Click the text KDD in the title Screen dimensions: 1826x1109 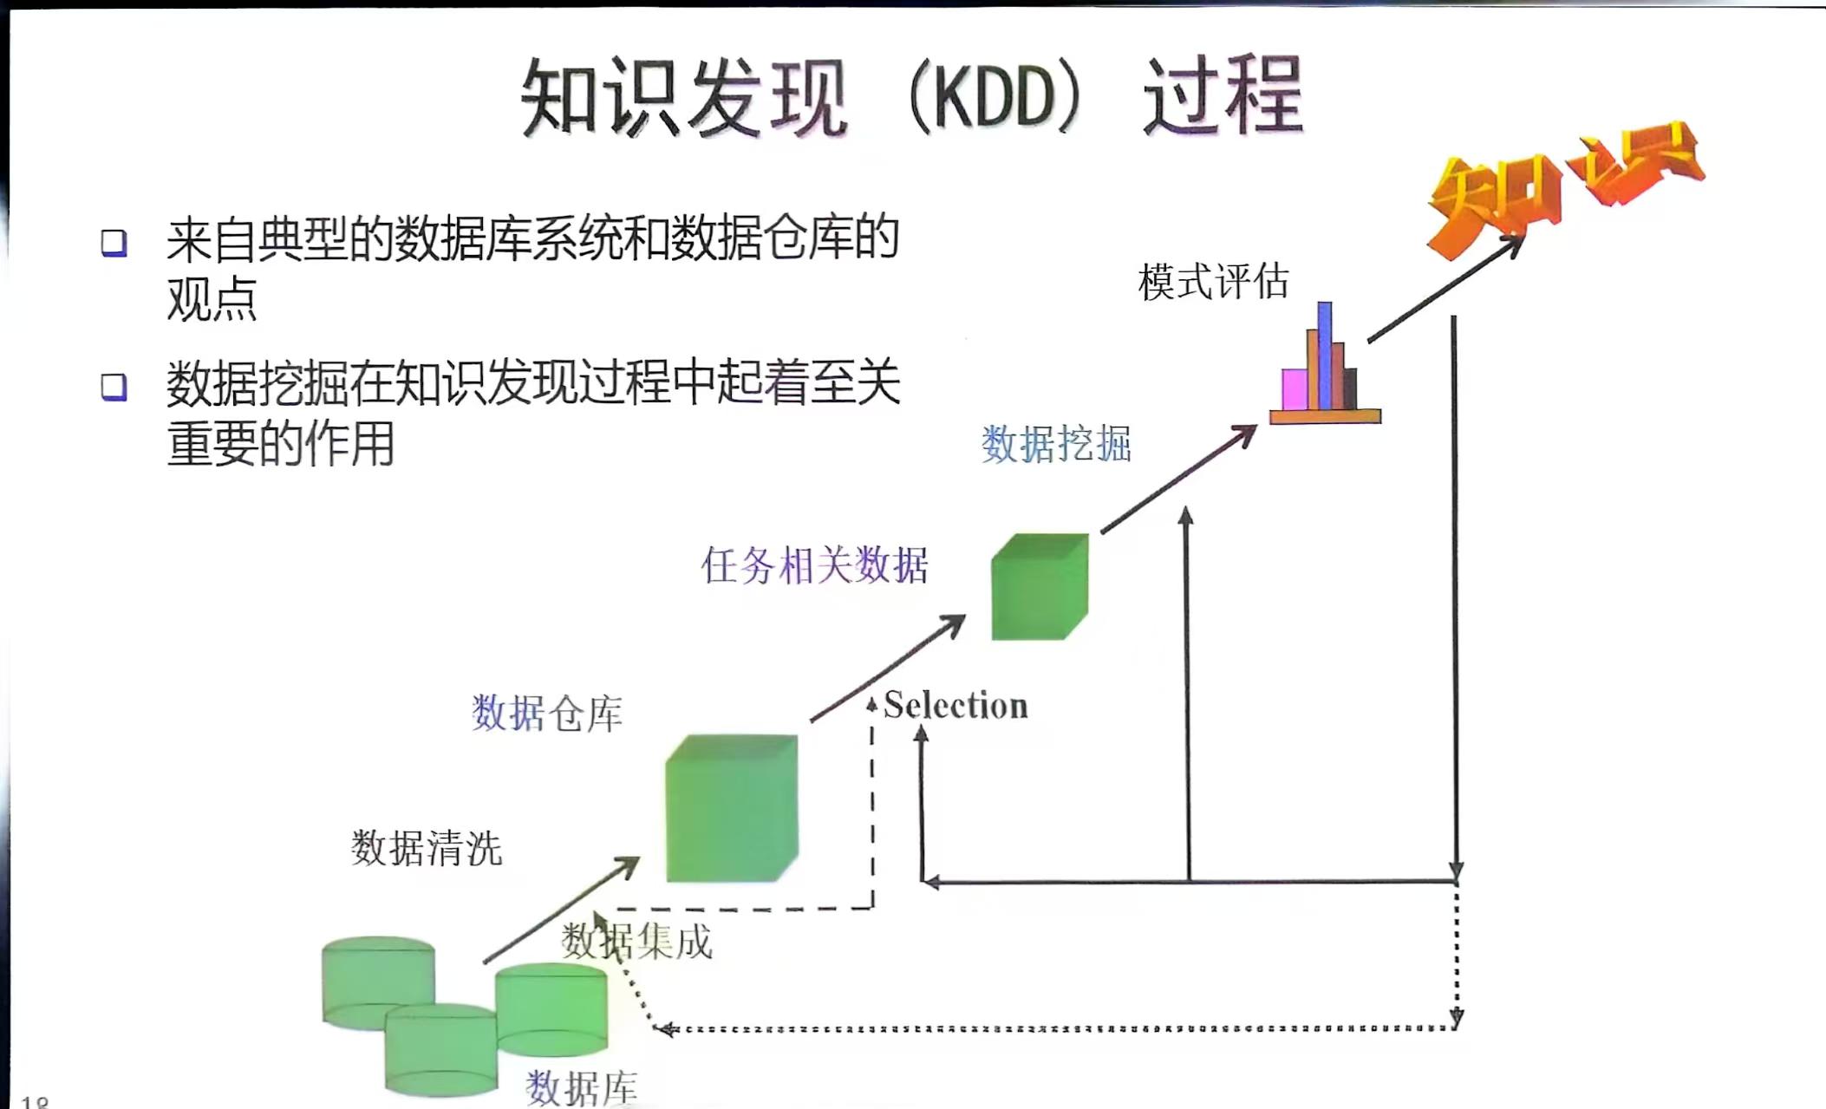(x=996, y=98)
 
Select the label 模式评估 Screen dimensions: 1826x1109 (x=1213, y=281)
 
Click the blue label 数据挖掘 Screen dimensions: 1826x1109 (x=1056, y=444)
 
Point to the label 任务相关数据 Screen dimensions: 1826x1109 (x=814, y=565)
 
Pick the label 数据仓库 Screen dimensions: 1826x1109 (x=547, y=714)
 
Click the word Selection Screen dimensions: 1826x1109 (x=955, y=705)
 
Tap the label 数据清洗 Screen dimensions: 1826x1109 (x=427, y=847)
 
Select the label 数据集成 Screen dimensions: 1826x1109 (x=637, y=941)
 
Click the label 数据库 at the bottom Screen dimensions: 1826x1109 (x=582, y=1087)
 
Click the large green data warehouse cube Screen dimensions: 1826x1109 (x=732, y=807)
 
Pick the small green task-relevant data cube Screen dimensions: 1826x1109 (x=1040, y=586)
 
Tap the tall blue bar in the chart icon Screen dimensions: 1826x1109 (x=1324, y=356)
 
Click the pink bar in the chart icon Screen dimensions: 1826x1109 (x=1295, y=389)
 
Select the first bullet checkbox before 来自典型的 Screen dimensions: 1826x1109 (x=114, y=243)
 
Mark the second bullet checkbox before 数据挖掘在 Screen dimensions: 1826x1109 (x=114, y=387)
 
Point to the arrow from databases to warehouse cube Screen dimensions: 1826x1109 (x=561, y=910)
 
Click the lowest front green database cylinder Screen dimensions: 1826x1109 (x=440, y=1049)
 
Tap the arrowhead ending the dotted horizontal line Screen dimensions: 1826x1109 (x=664, y=1029)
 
